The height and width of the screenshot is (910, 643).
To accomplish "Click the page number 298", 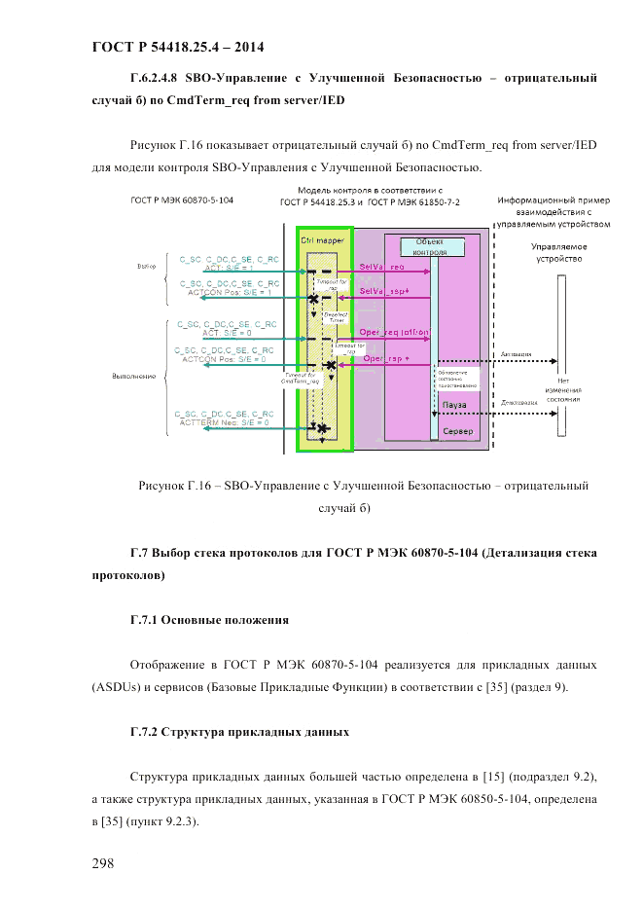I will pyautogui.click(x=105, y=863).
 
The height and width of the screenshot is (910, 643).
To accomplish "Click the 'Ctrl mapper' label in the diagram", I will pyautogui.click(x=322, y=238).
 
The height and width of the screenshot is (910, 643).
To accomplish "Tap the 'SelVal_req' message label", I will pyautogui.click(x=382, y=266).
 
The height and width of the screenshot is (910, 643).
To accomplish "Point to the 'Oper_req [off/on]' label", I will pyautogui.click(x=396, y=332).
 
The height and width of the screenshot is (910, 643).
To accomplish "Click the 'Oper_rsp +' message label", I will pyautogui.click(x=386, y=358).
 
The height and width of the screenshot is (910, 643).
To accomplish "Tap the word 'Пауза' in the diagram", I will pyautogui.click(x=454, y=403).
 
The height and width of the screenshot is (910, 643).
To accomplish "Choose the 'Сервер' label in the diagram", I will pyautogui.click(x=459, y=431).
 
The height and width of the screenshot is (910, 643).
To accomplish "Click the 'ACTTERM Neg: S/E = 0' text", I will pyautogui.click(x=223, y=422).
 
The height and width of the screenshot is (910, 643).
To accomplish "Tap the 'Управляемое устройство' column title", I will pyautogui.click(x=558, y=253).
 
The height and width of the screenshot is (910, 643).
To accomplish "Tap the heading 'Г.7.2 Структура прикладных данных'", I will pyautogui.click(x=239, y=729).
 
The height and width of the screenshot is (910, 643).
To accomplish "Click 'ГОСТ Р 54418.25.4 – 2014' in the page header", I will pyautogui.click(x=177, y=46).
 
